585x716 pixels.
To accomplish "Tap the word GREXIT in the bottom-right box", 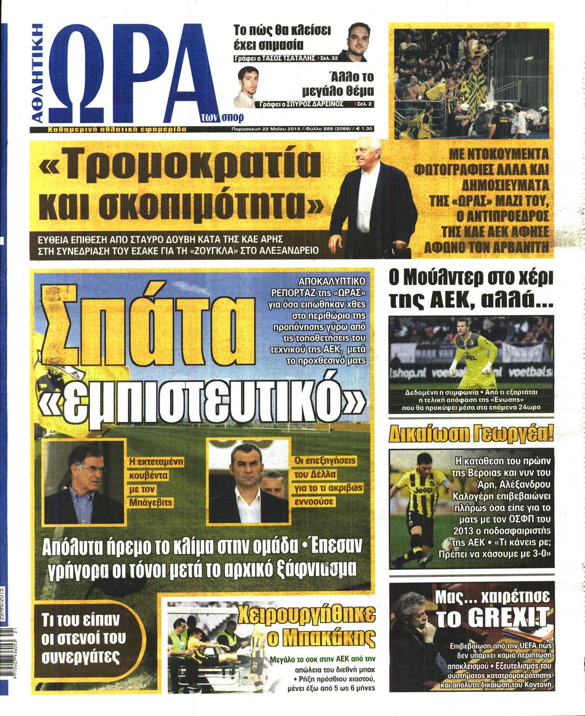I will pos(493,617).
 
